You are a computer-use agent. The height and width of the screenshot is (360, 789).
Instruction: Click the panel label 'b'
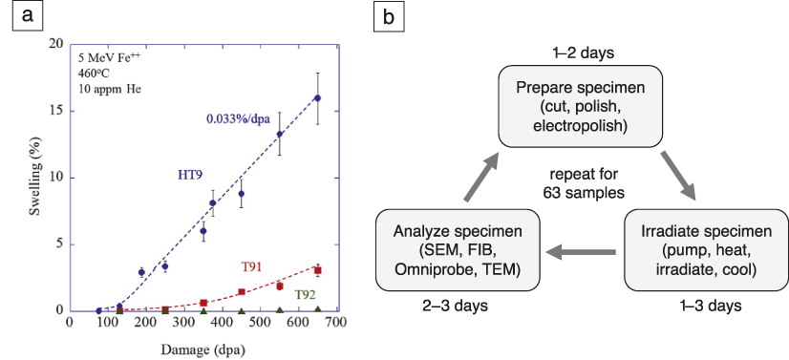tap(389, 16)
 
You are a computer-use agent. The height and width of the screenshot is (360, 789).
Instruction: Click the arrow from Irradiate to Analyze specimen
tap(581, 253)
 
